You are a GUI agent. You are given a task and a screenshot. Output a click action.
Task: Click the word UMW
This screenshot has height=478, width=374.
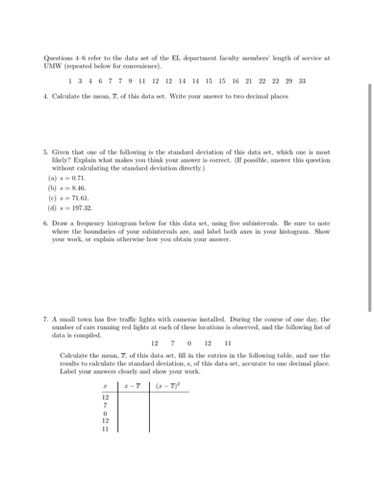[53, 67]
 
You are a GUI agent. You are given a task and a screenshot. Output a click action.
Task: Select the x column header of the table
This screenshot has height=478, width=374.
[105, 386]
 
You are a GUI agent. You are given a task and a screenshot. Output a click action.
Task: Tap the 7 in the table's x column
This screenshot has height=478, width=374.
[105, 405]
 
